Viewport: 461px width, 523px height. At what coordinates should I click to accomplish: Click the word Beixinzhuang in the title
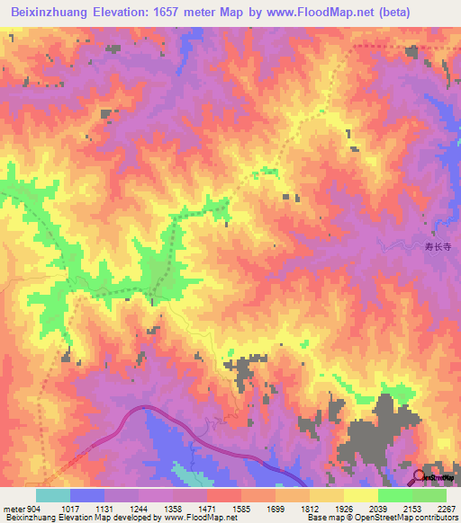coord(50,12)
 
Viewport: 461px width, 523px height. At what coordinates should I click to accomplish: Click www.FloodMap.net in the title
coord(306,12)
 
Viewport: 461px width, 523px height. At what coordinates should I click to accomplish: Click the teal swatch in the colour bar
coord(53,494)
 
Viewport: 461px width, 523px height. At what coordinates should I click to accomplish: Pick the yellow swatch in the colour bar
coord(360,494)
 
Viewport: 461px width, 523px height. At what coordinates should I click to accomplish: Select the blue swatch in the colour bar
coord(87,494)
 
